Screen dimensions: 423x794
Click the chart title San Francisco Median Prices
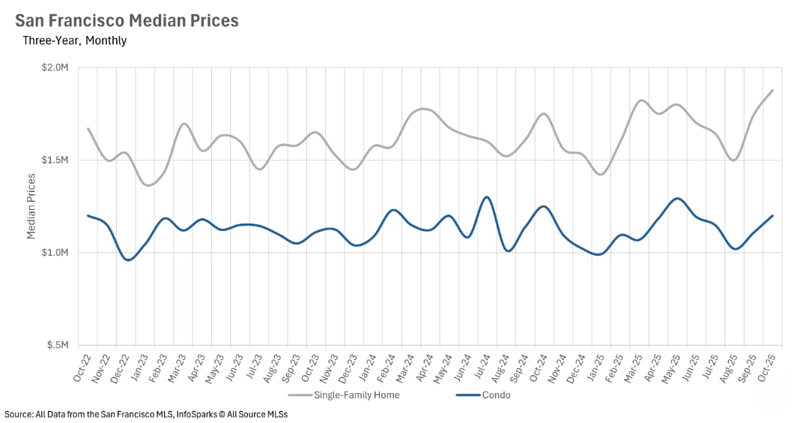127,20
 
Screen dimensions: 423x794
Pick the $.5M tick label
56,346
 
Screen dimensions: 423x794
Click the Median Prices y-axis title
31,205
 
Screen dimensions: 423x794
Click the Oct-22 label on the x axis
82,367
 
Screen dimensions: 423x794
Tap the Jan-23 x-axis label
140,367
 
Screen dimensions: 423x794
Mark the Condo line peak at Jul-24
487,197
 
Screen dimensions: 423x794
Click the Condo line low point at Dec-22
128,260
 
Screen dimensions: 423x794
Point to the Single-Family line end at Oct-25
772,90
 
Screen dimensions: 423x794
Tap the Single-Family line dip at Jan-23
148,185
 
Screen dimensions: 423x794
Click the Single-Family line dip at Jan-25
599,174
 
